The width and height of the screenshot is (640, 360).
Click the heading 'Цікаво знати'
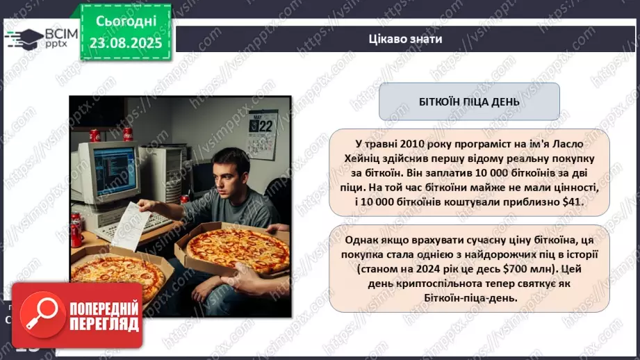(x=406, y=39)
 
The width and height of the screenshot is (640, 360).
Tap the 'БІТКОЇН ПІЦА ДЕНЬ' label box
(x=468, y=101)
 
